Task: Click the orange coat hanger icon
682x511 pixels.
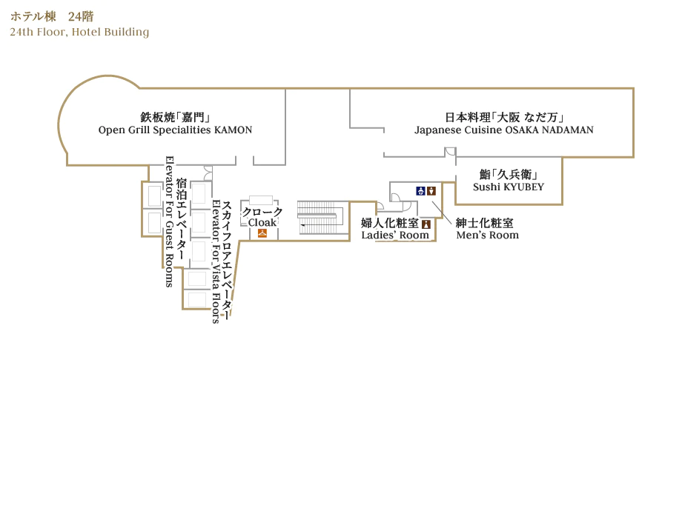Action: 262,233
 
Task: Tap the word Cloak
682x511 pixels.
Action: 262,222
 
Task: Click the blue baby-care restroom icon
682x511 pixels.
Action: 420,190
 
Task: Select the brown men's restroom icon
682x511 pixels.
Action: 431,190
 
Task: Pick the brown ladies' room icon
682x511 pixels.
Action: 426,224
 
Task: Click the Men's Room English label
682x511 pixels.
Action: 487,236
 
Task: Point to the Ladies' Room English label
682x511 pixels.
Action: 395,236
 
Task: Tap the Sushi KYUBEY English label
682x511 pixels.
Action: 509,187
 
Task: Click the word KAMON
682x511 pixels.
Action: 234,130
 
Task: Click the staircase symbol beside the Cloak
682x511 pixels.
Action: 319,216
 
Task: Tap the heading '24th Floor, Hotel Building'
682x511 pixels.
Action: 79,32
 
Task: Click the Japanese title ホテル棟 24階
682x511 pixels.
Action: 52,16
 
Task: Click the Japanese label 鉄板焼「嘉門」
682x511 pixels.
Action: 175,117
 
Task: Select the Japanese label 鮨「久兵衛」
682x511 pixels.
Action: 509,175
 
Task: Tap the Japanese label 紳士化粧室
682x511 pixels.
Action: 484,223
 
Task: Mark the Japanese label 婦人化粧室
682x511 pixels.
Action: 390,223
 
